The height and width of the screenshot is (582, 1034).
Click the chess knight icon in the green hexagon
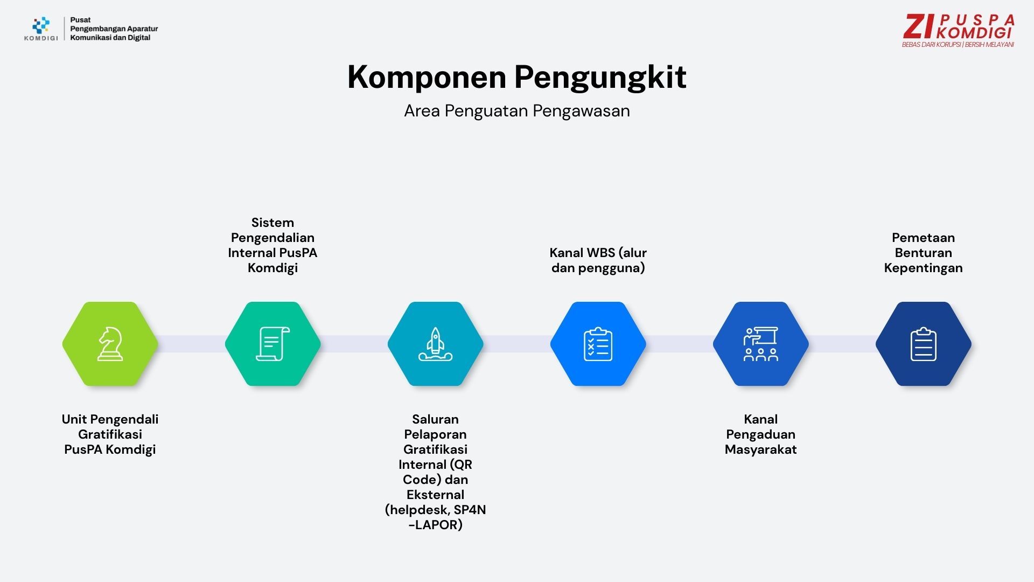point(110,344)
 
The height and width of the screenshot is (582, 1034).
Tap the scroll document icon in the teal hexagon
point(273,344)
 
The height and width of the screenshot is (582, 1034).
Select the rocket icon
point(435,344)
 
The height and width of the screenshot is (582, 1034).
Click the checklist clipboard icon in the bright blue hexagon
point(598,344)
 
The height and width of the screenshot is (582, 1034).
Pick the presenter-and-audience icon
point(760,344)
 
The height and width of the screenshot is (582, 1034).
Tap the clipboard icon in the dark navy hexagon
point(923,344)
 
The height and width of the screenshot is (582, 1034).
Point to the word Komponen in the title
point(427,77)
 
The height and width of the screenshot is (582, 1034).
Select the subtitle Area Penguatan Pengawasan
point(517,111)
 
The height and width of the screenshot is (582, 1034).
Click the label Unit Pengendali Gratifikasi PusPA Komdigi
point(110,434)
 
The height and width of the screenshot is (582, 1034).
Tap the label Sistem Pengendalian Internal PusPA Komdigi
point(273,245)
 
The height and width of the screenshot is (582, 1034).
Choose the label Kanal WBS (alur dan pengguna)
point(598,260)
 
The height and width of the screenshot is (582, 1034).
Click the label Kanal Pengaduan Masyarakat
point(760,434)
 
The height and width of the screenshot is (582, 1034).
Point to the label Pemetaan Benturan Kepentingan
point(923,253)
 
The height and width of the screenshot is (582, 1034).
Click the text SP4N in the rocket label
point(470,510)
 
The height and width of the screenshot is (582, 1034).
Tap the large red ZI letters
point(919,26)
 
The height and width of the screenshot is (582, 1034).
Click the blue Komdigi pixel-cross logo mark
point(41,25)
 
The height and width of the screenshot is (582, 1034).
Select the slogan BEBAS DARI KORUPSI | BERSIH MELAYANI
point(958,45)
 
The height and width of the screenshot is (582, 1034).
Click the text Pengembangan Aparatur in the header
point(114,29)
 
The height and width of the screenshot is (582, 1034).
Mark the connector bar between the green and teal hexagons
point(192,344)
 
